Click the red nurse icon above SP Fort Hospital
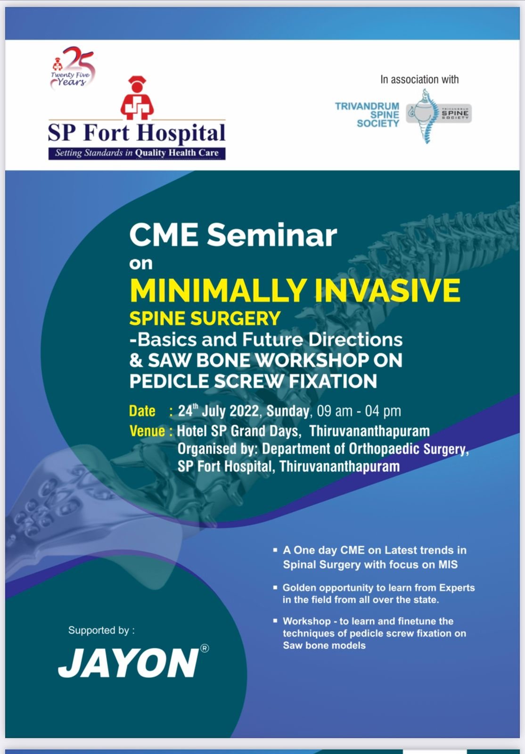pos(137,98)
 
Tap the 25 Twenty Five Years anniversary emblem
pos(73,68)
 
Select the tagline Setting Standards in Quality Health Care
pos(137,153)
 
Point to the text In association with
pos(419,80)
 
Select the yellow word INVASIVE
pos(387,290)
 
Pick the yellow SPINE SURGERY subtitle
pos(205,319)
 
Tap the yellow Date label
pos(142,411)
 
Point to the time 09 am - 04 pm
pos(359,411)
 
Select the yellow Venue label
pos(147,431)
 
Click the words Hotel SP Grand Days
pos(238,431)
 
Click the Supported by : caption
pos(101,631)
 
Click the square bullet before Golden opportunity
pos(275,587)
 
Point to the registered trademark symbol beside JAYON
pos(204,648)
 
